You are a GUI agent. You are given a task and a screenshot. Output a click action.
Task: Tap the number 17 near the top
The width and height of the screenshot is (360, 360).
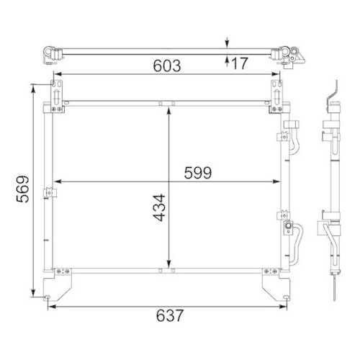240,64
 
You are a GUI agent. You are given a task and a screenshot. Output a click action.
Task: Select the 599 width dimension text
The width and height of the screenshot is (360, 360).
197,172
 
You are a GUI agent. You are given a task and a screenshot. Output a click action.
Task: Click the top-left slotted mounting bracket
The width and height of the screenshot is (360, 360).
55,94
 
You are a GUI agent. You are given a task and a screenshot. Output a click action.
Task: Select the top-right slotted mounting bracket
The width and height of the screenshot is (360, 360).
276,94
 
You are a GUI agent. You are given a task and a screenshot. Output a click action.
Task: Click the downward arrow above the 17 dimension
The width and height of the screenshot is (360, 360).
228,42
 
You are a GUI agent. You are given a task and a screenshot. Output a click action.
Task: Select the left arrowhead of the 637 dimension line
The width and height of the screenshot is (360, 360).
51,307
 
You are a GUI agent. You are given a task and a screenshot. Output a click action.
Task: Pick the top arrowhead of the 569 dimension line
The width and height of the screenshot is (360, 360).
32,87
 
